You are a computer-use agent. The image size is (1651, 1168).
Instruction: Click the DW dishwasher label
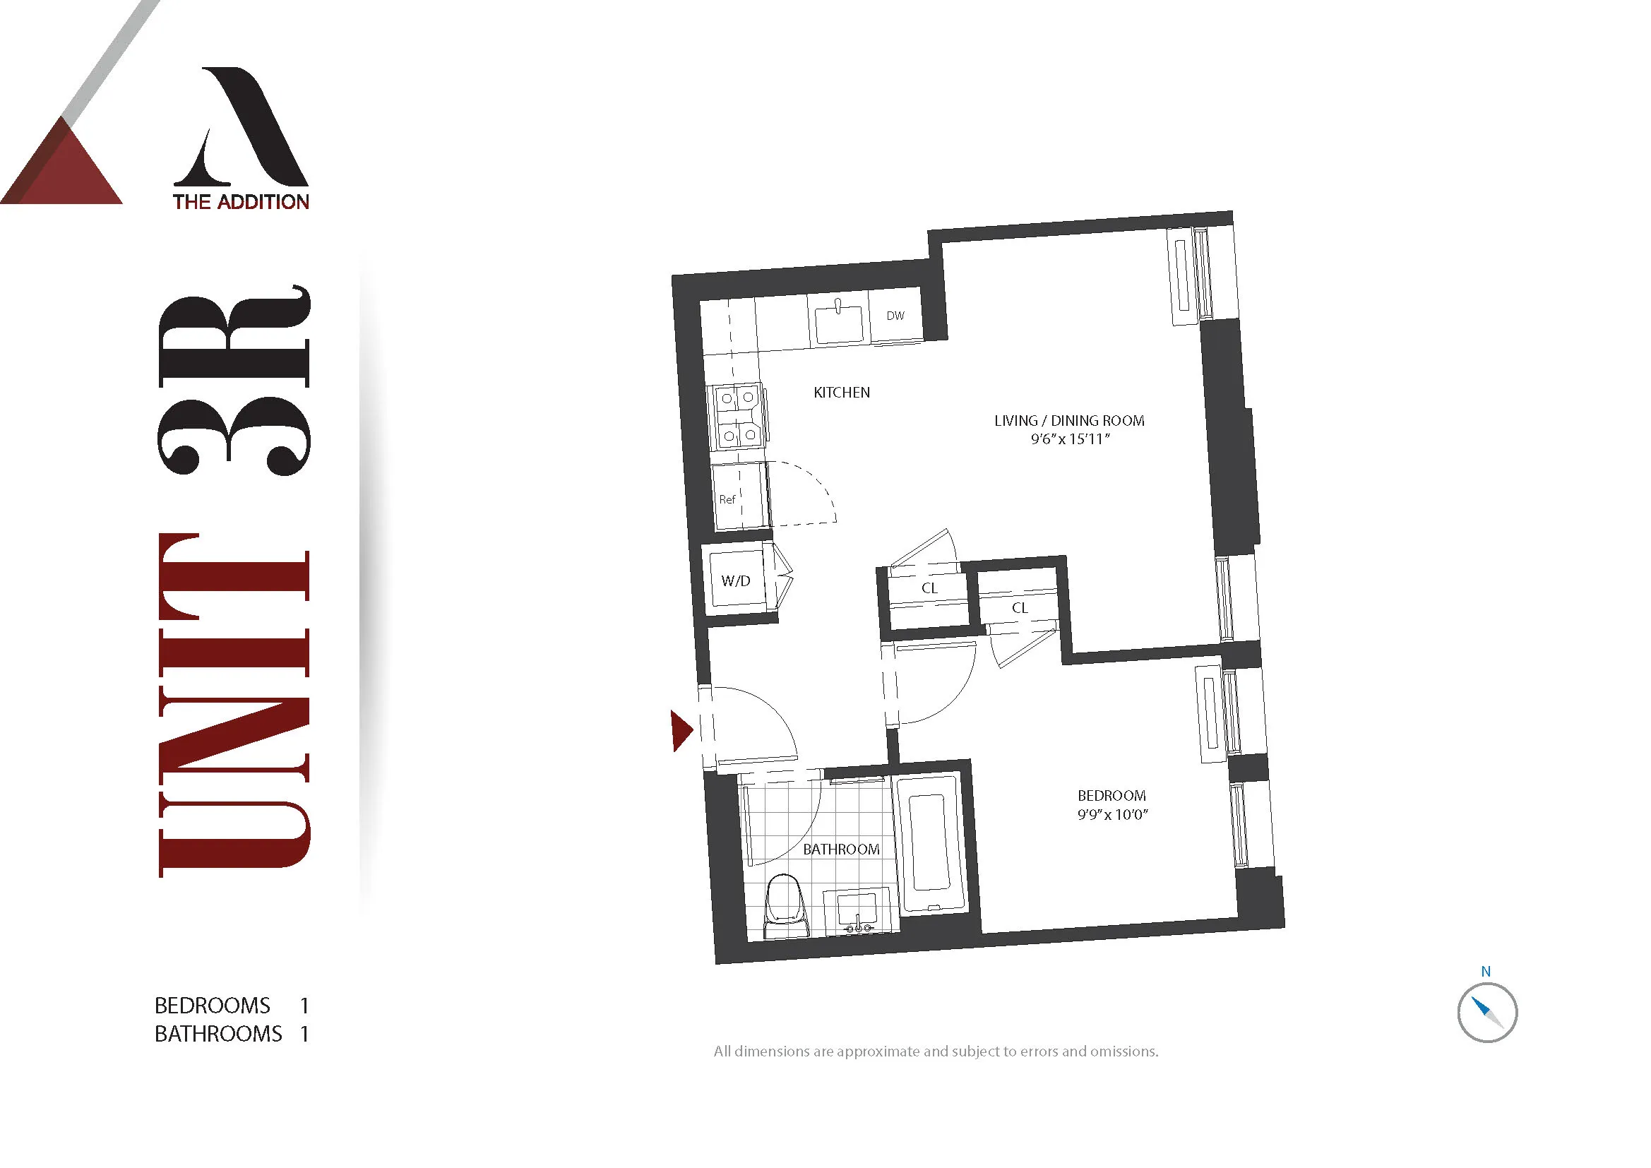895,316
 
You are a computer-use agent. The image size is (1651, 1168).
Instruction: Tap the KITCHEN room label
841,393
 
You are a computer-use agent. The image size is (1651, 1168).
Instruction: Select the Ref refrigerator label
727,499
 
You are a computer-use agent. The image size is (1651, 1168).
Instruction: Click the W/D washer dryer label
736,581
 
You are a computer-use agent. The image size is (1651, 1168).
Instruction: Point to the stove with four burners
739,417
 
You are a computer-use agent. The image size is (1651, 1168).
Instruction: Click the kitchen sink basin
838,324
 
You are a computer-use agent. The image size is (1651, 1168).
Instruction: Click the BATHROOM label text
840,850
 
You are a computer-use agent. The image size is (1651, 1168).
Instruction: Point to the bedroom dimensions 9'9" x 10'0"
1111,815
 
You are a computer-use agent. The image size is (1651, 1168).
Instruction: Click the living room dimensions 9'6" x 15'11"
1070,439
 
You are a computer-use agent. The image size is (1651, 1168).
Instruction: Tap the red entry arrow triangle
680,731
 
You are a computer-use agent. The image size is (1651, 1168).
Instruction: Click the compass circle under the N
1487,1013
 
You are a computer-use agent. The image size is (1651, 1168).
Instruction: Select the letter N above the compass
1486,972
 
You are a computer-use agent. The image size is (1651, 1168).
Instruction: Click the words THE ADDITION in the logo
241,202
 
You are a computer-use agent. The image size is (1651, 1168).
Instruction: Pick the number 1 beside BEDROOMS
304,1006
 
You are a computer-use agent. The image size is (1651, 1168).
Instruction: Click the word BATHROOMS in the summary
218,1035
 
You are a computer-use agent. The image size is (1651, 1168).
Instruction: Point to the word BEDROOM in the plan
1111,796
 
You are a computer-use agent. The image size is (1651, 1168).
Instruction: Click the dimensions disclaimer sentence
936,1051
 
